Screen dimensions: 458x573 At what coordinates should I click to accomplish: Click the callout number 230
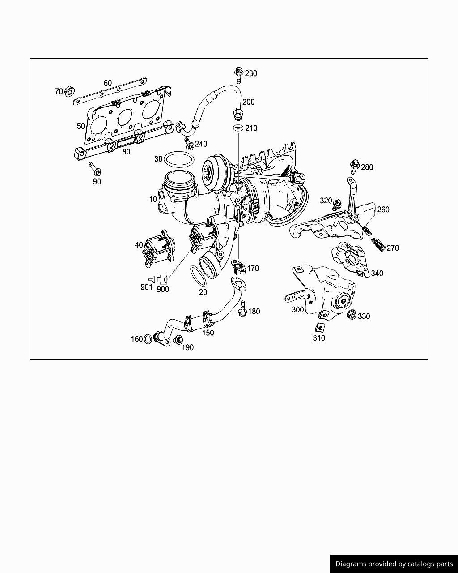coord(250,73)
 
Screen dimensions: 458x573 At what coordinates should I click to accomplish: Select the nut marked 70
coord(70,91)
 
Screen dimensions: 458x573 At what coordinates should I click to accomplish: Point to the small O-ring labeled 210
coord(238,128)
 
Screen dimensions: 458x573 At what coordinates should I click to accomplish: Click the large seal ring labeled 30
coord(179,159)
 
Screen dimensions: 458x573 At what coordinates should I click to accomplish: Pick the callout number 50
coord(81,126)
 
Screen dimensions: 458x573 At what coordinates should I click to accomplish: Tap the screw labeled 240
coord(189,144)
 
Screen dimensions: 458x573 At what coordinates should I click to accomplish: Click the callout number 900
coord(163,289)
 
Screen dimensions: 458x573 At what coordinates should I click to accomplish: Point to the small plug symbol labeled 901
coord(152,279)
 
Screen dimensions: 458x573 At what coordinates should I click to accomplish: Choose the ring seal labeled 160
coord(148,339)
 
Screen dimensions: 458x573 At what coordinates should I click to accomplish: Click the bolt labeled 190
coord(178,340)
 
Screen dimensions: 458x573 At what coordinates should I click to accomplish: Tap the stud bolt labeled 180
coord(242,309)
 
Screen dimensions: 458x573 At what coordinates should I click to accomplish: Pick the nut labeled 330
coord(351,315)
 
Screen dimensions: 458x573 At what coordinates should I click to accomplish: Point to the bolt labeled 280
coord(355,167)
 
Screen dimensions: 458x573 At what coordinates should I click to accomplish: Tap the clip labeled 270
coord(378,244)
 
